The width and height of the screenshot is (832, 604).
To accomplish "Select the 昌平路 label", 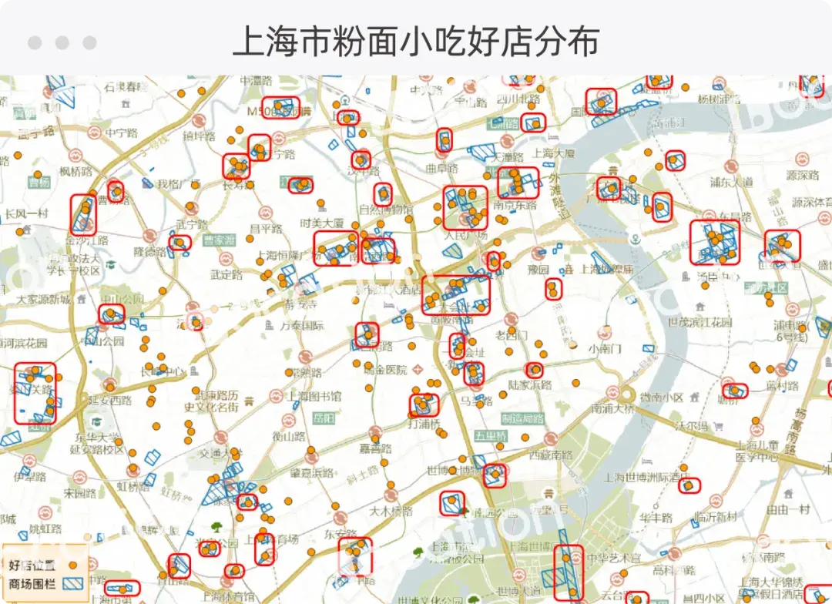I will [x=266, y=229].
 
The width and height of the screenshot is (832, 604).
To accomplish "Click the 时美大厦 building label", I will [x=322, y=223].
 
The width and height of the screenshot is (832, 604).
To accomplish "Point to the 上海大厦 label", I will [x=553, y=153].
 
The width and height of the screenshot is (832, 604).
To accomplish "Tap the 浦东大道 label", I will [x=731, y=183].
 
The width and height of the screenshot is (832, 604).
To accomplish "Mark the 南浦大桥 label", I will [x=612, y=409].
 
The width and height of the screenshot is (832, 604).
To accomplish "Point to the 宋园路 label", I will [x=79, y=493].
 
